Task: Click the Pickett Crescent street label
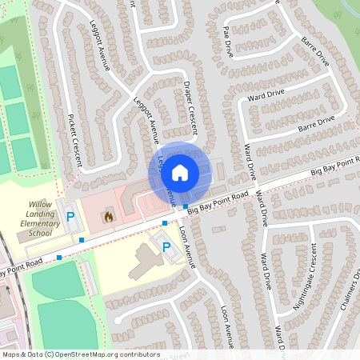(74, 139)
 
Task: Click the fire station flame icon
(108, 216)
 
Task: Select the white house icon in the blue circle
(180, 172)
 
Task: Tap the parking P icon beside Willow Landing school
(70, 216)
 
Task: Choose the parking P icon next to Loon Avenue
(166, 248)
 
